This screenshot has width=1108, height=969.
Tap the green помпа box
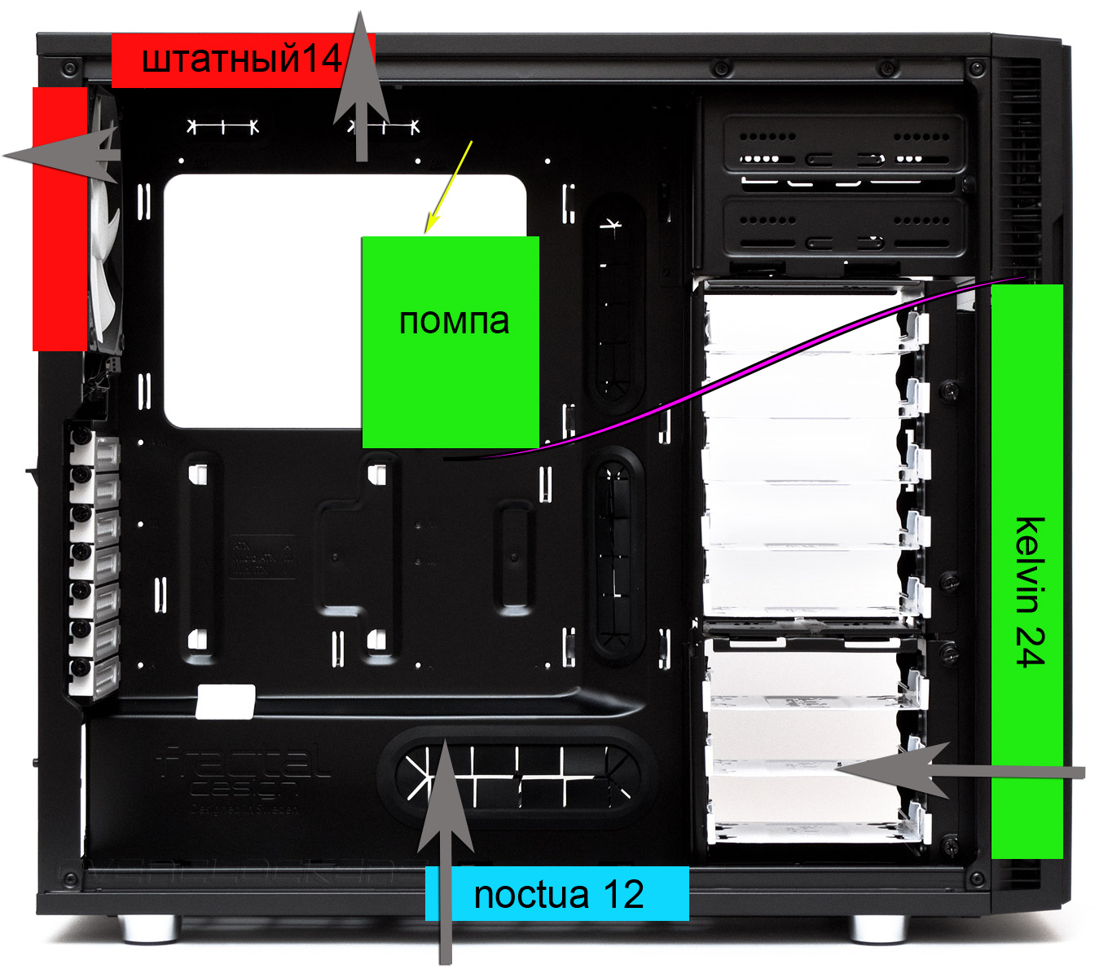point(450,342)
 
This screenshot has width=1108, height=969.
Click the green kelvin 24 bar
point(1027,570)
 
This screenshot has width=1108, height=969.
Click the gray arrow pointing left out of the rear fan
point(65,155)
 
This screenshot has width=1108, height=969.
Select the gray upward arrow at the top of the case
point(362,90)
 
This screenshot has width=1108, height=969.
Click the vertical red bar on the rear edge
point(59,218)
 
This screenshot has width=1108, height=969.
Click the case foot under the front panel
point(878,927)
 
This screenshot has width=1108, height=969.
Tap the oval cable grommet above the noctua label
point(517,770)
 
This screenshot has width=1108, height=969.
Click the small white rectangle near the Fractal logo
point(226,702)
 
